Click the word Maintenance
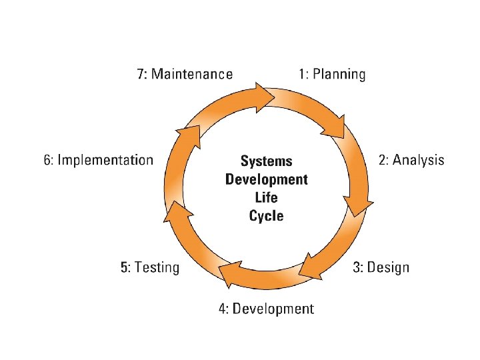[x=192, y=74]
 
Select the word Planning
[x=340, y=74]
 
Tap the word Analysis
[x=418, y=159]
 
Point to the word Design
[x=389, y=267]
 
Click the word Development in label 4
[x=273, y=309]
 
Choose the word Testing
[x=157, y=267]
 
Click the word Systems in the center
[x=266, y=161]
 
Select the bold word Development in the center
[x=266, y=179]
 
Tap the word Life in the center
[x=266, y=197]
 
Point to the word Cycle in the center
[x=266, y=216]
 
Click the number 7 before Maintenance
[x=141, y=74]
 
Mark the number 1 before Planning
[x=301, y=74]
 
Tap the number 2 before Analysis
[x=383, y=159]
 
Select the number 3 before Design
[x=357, y=267]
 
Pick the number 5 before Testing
[x=124, y=267]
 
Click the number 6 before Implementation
[x=47, y=159]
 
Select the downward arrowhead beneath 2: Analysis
[x=357, y=204]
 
